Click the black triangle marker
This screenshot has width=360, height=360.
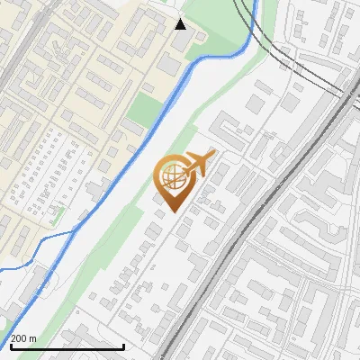click(180, 23)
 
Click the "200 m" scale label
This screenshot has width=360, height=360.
click(23, 338)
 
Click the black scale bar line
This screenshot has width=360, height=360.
click(67, 346)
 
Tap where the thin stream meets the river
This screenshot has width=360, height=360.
click(74, 232)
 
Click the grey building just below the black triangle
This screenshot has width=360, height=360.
click(181, 42)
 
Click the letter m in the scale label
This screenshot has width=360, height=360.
click(32, 338)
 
